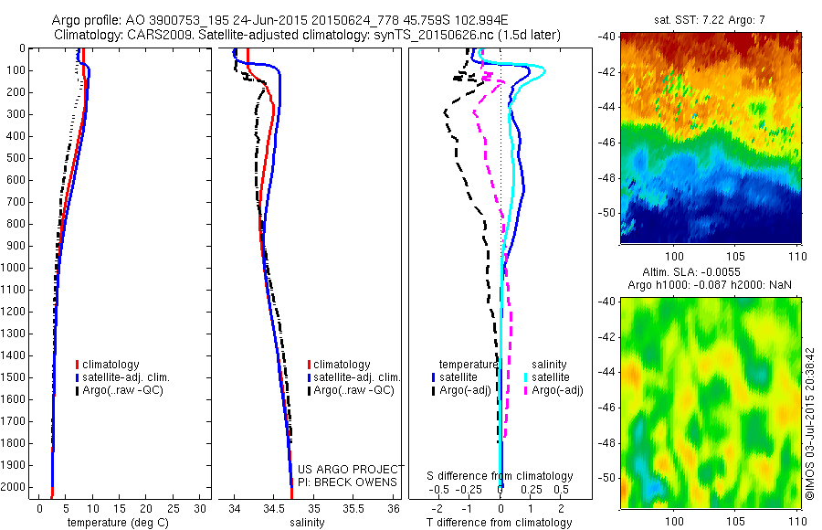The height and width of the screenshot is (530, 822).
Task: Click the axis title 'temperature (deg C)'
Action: [x=116, y=523]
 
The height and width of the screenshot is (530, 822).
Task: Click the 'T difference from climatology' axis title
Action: [x=501, y=523]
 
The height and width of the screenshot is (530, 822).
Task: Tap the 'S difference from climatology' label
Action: [x=501, y=476]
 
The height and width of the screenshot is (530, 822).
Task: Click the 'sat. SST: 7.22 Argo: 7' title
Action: [x=713, y=19]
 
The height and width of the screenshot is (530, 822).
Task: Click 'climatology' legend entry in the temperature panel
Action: [x=114, y=365]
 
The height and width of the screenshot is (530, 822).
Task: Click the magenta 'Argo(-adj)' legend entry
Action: [x=556, y=390]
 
